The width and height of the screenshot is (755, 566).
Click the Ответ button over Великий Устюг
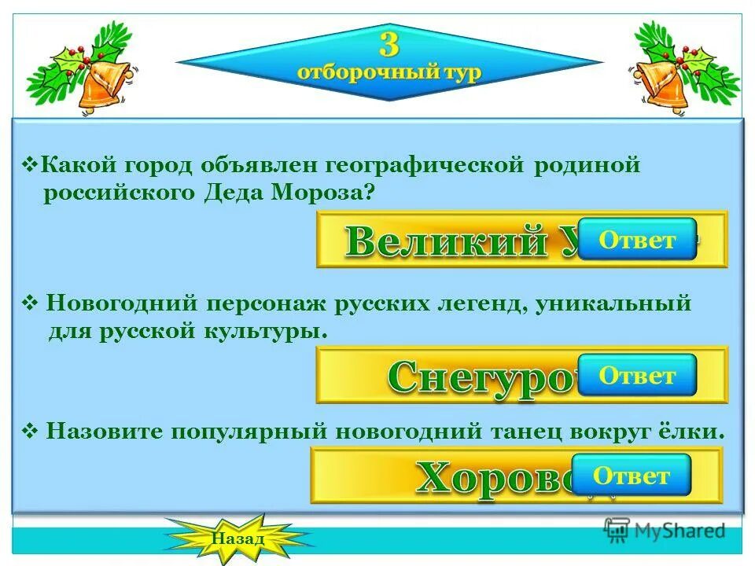click(x=637, y=240)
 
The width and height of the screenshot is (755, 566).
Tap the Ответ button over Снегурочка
click(x=637, y=376)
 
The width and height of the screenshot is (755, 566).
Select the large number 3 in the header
click(x=389, y=44)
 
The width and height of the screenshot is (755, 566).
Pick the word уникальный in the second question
click(x=613, y=303)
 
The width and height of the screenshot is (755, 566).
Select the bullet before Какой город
click(x=31, y=166)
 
